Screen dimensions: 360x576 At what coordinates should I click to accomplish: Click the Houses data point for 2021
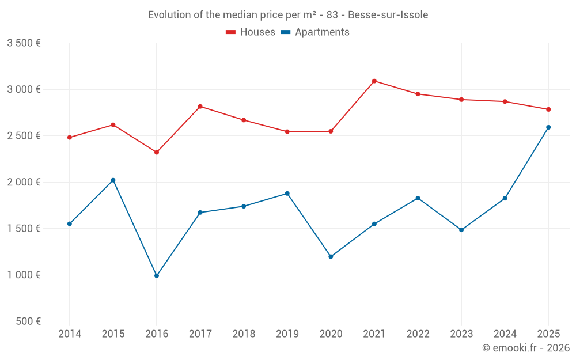click(374, 81)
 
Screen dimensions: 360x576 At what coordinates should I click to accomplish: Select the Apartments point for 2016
click(157, 276)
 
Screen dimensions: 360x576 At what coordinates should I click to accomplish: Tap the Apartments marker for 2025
click(548, 127)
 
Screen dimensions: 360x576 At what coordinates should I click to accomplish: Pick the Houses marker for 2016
click(157, 152)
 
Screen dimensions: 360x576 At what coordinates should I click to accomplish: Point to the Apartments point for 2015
click(113, 180)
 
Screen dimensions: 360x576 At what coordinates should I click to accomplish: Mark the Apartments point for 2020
click(331, 257)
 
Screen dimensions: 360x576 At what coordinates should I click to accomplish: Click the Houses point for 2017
click(200, 107)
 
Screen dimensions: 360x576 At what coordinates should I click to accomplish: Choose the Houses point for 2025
click(548, 109)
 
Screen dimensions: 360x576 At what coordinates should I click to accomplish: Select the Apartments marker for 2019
click(287, 194)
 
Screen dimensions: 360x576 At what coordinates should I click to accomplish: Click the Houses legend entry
click(251, 32)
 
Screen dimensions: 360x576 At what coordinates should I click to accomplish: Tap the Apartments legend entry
click(315, 32)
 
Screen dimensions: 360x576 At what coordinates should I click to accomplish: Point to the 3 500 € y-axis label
click(24, 43)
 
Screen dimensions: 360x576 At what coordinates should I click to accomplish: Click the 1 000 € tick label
click(24, 275)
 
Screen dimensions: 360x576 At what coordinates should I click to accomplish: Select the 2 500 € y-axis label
click(24, 136)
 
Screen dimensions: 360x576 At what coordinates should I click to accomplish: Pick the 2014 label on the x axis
click(70, 334)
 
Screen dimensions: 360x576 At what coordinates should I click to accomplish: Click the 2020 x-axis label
click(331, 334)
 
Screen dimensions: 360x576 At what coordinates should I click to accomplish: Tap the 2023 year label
click(461, 334)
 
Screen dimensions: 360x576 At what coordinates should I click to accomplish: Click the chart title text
click(288, 15)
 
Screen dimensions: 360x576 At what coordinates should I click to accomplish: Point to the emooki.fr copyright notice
click(526, 348)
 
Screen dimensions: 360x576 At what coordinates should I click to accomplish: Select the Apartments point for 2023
click(461, 230)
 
